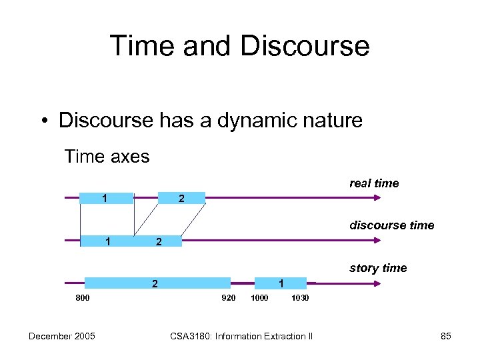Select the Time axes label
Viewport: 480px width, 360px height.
107,157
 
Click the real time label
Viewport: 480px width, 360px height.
374,183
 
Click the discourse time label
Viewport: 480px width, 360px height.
391,225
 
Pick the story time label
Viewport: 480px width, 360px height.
378,268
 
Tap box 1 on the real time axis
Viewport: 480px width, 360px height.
107,198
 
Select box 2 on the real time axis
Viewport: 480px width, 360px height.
181,198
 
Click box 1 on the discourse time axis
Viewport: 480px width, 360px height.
107,241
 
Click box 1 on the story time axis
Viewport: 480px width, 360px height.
281,283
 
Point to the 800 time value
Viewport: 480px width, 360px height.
83,297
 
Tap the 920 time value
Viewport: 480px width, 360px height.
228,297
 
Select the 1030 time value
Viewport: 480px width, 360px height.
300,297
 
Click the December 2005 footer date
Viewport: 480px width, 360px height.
61,336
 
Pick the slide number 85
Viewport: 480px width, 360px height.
446,336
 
